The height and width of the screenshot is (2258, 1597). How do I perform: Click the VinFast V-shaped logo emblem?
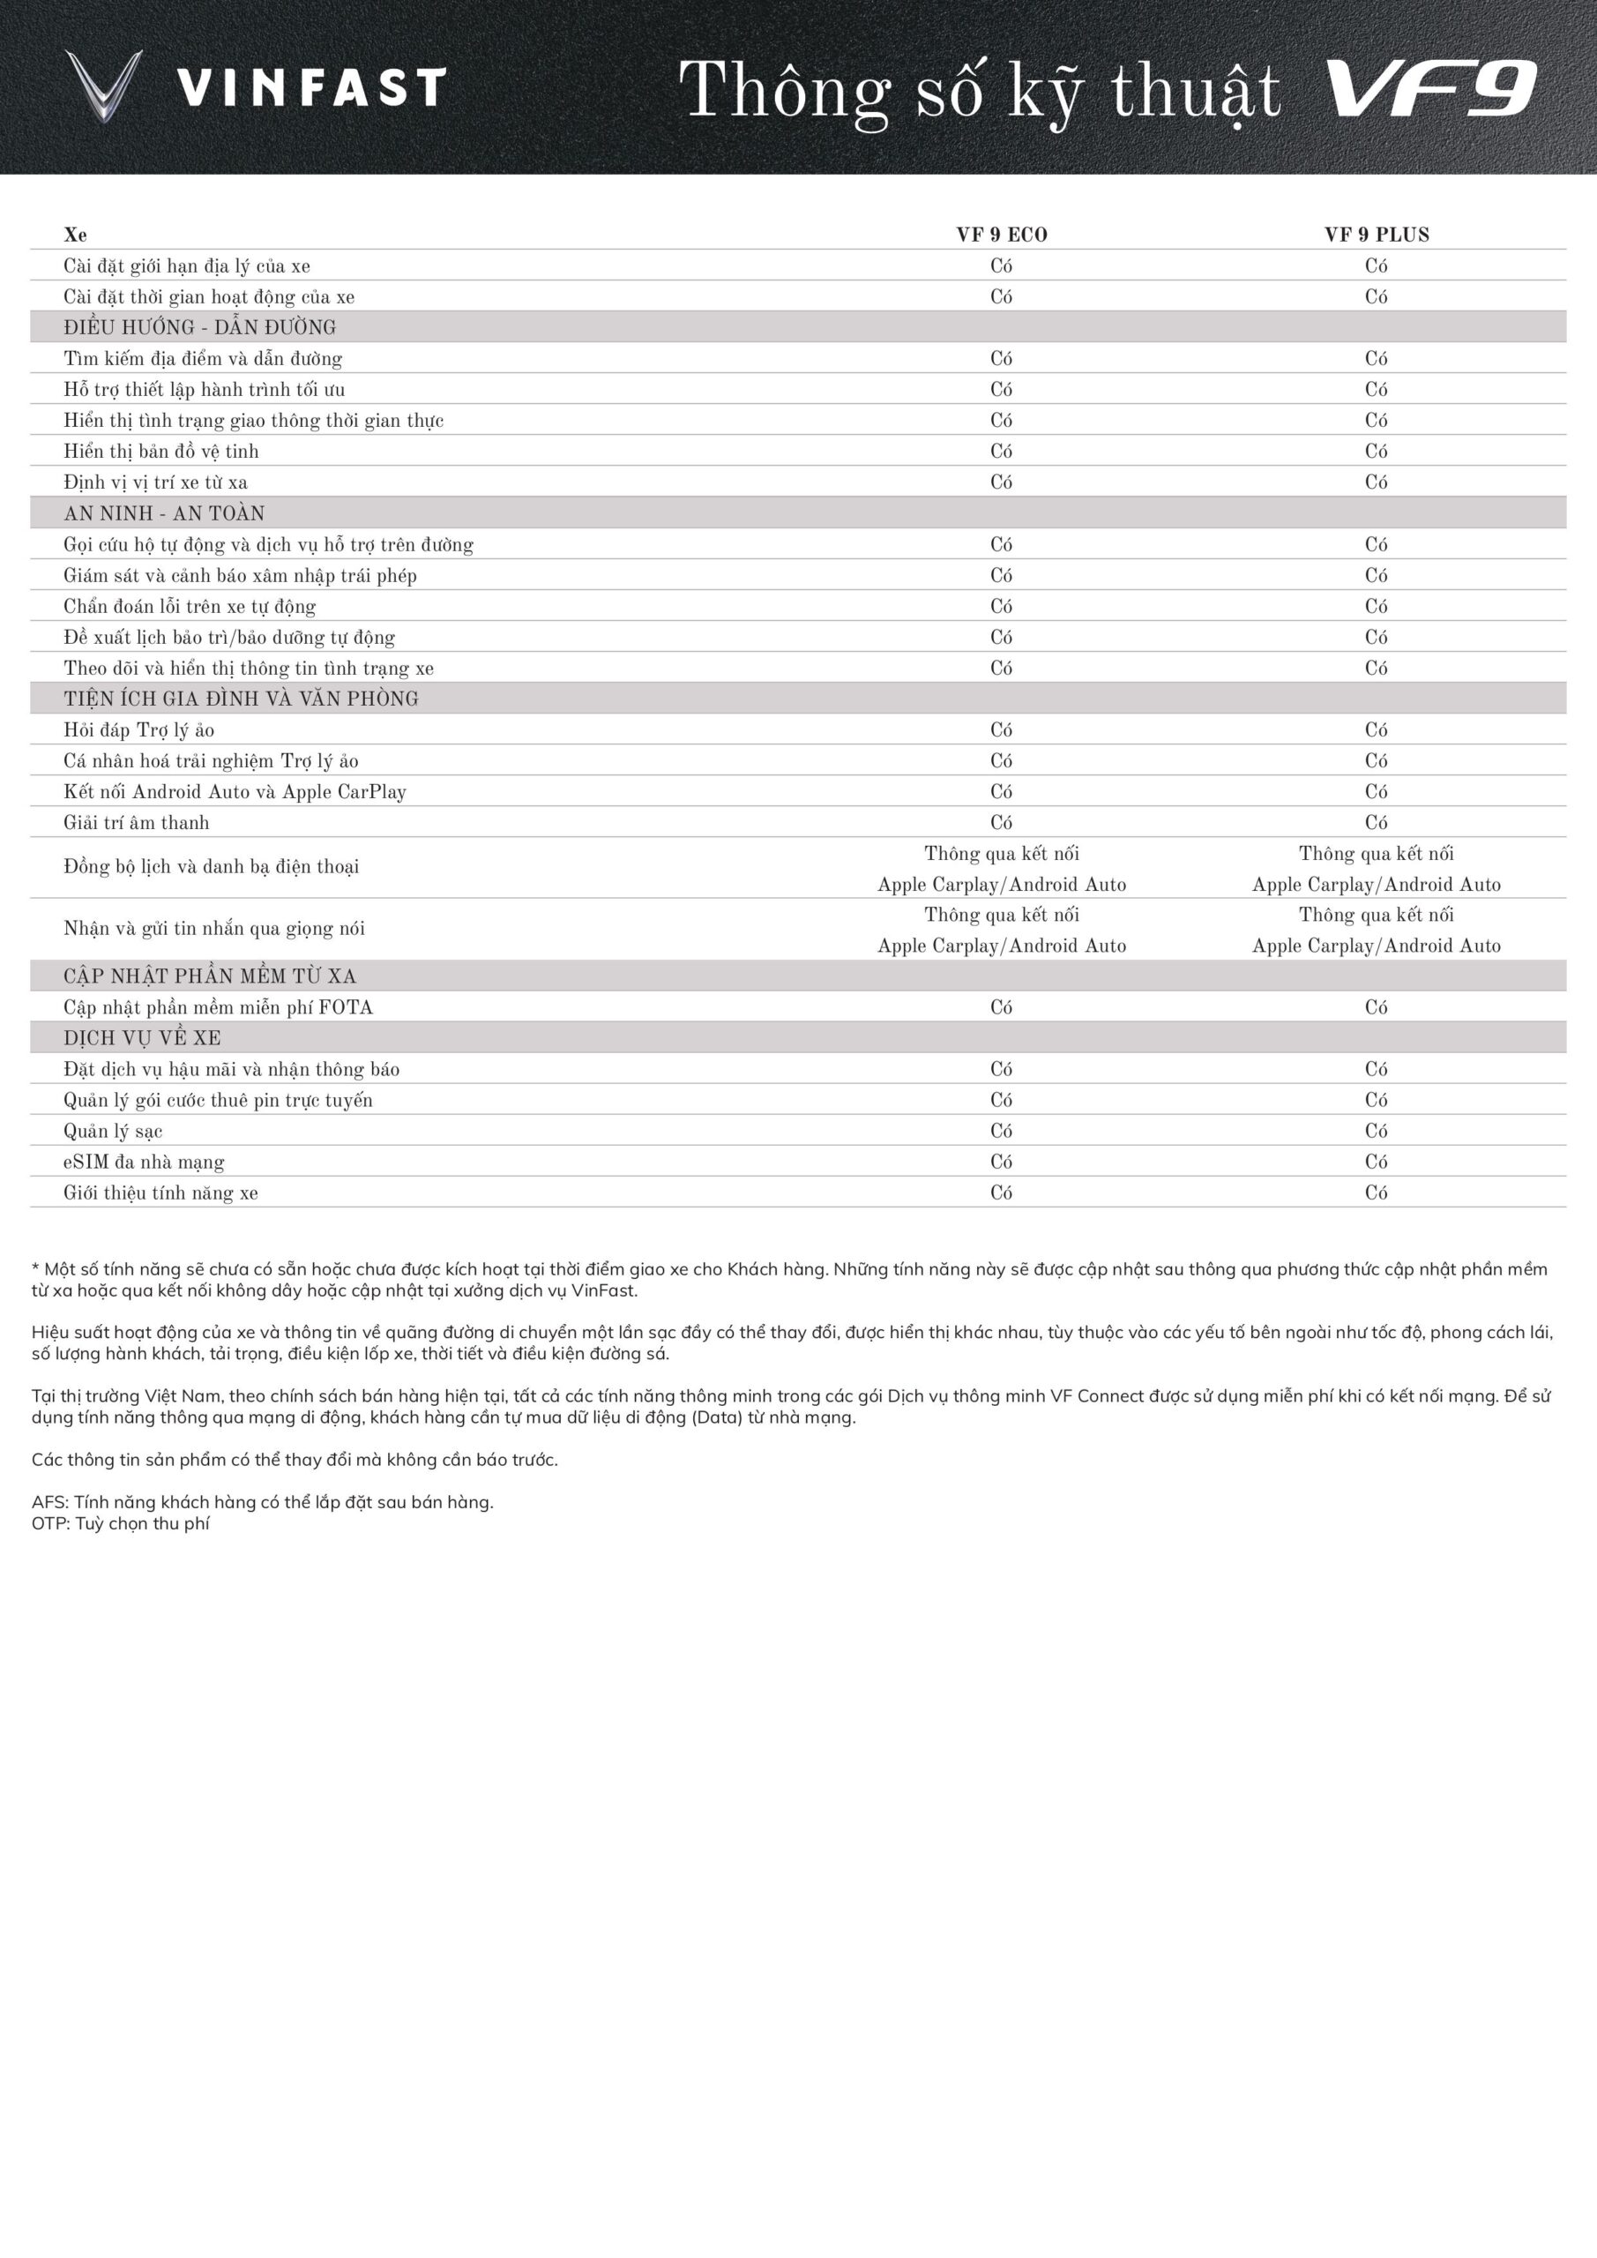click(103, 86)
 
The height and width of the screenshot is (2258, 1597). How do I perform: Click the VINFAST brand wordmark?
click(312, 87)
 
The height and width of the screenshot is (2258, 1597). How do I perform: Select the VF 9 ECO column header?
click(1001, 235)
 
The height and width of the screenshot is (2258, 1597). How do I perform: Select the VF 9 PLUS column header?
click(1376, 235)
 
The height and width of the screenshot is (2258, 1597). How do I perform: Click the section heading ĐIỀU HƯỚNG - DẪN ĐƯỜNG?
click(199, 327)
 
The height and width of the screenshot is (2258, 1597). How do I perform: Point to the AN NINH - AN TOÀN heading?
click(164, 513)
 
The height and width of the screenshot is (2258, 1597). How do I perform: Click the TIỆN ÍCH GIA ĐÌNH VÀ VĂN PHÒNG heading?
click(241, 699)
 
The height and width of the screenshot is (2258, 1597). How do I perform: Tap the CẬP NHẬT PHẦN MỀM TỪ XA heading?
click(210, 976)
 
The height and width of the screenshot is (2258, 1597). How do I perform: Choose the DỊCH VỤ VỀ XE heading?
click(143, 1038)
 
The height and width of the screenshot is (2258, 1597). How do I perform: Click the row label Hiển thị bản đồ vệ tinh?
click(161, 452)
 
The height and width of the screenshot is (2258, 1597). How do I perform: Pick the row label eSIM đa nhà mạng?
click(144, 1163)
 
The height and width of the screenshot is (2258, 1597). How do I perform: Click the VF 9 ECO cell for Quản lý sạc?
click(1001, 1131)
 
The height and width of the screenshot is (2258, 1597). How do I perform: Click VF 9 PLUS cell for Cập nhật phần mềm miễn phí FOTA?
click(1376, 1007)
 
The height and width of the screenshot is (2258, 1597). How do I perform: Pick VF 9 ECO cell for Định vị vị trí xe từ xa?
click(1001, 482)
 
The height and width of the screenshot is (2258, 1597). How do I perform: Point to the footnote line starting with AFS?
click(263, 1502)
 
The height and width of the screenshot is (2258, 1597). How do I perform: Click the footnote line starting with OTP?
click(121, 1523)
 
